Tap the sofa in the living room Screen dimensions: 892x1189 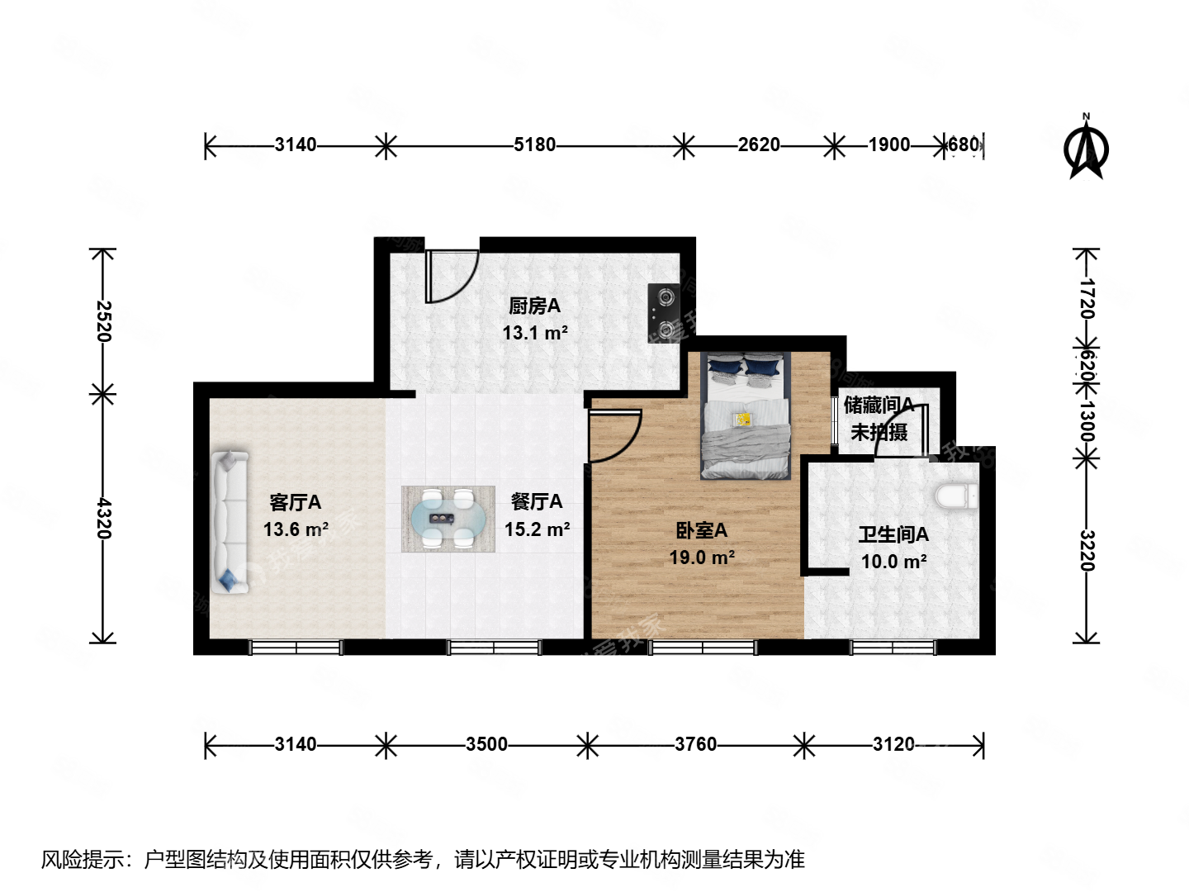(229, 521)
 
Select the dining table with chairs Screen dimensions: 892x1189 (448, 520)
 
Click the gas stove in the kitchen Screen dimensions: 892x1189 (662, 313)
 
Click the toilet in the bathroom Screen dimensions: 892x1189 (958, 496)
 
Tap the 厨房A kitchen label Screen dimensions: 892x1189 (534, 306)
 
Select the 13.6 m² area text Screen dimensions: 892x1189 (296, 529)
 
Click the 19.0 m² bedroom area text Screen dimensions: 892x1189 (702, 557)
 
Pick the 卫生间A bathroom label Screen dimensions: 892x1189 (893, 535)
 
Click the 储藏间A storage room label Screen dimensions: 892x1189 (879, 406)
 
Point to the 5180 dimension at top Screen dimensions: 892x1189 (534, 145)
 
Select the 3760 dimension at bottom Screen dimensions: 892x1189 (695, 745)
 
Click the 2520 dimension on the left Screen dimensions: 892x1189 (103, 320)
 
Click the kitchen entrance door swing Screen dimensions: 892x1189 (451, 276)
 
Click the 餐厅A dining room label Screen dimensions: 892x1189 (537, 501)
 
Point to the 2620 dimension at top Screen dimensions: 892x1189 (758, 145)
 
